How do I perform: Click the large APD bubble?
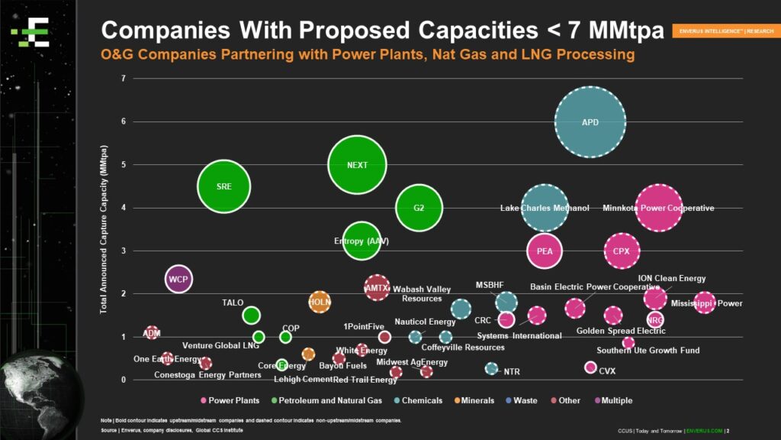tap(590, 122)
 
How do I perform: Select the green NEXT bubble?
tap(357, 165)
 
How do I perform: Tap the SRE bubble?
tap(223, 186)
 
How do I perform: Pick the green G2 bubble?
tap(419, 208)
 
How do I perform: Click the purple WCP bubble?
tap(178, 279)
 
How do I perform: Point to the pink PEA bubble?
tap(545, 251)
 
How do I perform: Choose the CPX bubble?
tap(622, 251)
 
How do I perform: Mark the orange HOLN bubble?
tap(320, 302)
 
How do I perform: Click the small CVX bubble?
tap(590, 367)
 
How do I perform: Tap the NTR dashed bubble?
tap(492, 368)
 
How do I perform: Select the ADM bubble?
tap(152, 332)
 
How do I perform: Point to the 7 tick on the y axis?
tap(123, 79)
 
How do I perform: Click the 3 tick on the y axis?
tap(123, 251)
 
